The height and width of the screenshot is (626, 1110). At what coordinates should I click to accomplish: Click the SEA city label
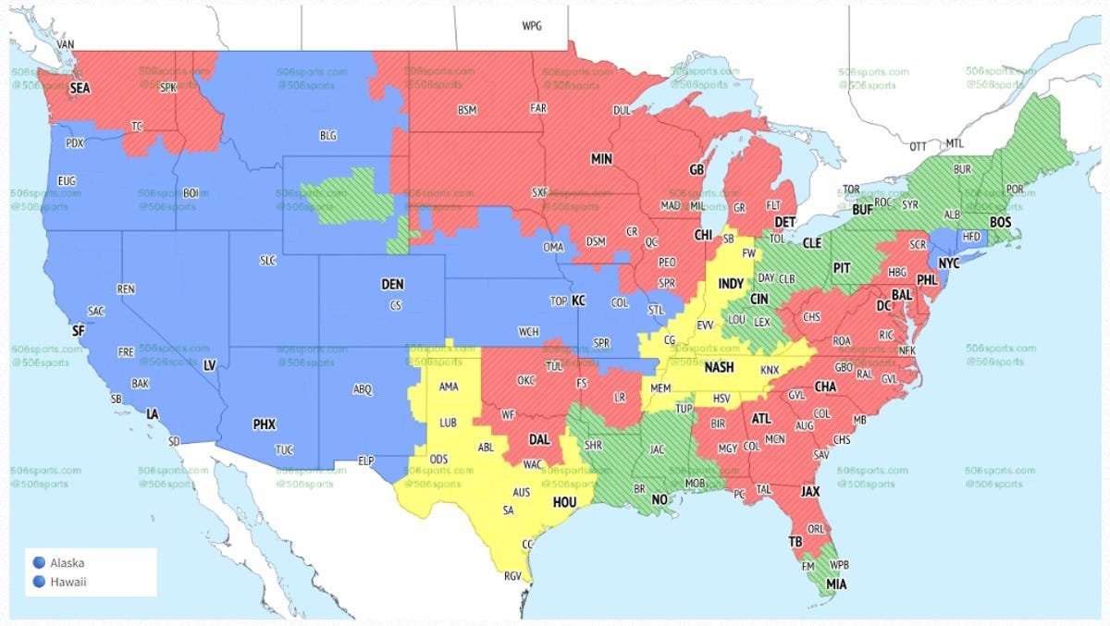tap(80, 88)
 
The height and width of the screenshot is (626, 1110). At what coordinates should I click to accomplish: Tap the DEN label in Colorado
tap(392, 285)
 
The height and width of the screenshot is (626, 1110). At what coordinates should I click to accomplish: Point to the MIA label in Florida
tap(836, 584)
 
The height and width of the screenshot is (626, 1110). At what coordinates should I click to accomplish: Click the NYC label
tap(950, 264)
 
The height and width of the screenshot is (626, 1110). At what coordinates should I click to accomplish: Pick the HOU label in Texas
tap(564, 502)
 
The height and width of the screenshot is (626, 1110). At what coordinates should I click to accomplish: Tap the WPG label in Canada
tap(532, 26)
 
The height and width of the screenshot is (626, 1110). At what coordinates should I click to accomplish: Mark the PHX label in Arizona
tap(265, 424)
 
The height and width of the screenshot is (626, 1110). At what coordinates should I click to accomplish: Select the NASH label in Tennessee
tap(720, 367)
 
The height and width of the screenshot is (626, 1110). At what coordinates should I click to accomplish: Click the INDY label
tap(731, 284)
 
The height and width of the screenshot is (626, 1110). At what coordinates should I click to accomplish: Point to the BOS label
tap(1001, 223)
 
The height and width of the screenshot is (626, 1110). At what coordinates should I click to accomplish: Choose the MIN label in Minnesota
tap(601, 159)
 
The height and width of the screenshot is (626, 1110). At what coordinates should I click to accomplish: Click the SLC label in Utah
tap(268, 261)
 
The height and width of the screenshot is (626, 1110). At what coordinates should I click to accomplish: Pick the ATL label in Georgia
tap(761, 419)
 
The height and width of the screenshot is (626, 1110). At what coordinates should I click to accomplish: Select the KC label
tap(578, 301)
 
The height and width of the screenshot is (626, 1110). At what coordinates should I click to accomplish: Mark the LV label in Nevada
tap(209, 365)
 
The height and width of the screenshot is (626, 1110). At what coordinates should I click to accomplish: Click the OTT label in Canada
tap(918, 146)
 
